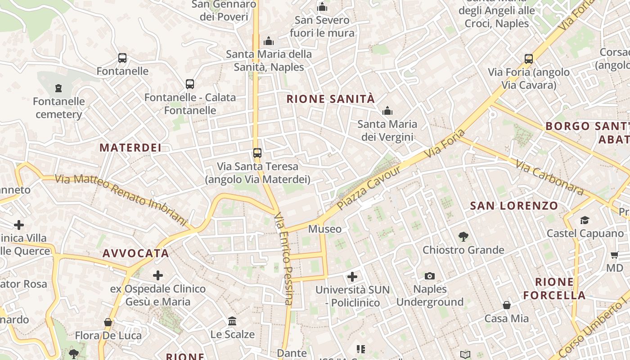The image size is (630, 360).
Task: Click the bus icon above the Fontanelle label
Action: click(122, 58)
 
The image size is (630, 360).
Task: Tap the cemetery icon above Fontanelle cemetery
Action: click(58, 88)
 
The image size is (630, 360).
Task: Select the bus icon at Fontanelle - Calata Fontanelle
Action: click(190, 84)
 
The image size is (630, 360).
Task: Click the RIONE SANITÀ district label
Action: click(331, 99)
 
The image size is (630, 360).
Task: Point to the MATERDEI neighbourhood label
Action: click(130, 148)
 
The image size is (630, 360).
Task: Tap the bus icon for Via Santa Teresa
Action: click(257, 153)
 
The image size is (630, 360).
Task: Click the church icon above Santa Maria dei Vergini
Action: click(387, 111)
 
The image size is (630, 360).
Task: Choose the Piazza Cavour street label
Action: click(369, 188)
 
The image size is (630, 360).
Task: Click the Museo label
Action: click(325, 229)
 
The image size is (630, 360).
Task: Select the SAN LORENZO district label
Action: click(514, 206)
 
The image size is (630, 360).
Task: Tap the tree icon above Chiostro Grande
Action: click(463, 237)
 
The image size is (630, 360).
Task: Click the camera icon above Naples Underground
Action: click(430, 276)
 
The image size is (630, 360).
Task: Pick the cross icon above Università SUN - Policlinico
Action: click(352, 276)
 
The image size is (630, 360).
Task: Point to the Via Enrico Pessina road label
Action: click(283, 259)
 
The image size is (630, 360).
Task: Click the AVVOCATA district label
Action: click(136, 253)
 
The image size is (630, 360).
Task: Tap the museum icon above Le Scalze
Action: click(233, 321)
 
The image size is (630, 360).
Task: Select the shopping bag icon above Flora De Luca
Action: click(108, 322)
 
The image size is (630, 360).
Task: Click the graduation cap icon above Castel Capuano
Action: click(585, 220)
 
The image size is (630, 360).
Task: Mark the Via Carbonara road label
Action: click(549, 178)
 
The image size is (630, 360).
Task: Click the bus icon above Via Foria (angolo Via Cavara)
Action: click(529, 59)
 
